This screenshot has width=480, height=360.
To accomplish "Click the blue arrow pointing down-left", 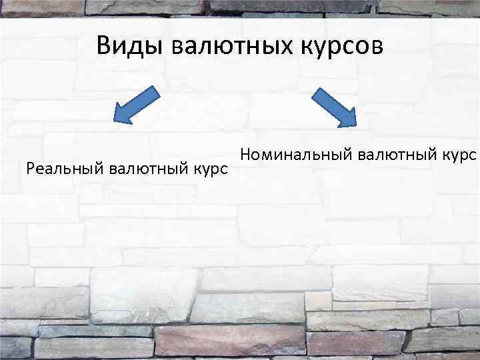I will pos(137,105).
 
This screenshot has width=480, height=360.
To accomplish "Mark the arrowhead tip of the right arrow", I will pos(357,125).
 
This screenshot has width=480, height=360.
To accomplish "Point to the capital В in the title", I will pos(103,46).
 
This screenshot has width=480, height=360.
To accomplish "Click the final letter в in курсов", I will pos(377,48).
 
